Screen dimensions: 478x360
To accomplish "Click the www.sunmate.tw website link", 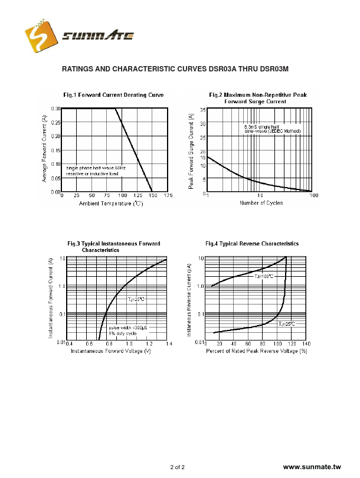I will [x=312, y=467].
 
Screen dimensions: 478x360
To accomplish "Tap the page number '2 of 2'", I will [x=177, y=467].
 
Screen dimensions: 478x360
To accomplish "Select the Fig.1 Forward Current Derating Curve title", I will [x=113, y=95].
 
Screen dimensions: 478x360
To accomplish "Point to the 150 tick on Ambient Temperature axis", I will [x=152, y=195].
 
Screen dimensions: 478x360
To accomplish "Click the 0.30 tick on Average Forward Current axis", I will [x=55, y=109].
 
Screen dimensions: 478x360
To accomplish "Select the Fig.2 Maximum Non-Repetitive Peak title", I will [x=257, y=95].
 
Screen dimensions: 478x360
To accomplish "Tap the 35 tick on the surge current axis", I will [x=202, y=110].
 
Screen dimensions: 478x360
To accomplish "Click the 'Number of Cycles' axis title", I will [x=261, y=203].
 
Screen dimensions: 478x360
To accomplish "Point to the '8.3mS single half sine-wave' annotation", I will [x=273, y=129].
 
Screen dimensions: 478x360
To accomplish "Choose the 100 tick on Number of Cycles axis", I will [x=314, y=195].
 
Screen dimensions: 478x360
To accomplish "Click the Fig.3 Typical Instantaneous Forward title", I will [x=113, y=243].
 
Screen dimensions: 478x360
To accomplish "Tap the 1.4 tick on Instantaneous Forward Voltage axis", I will [x=169, y=343].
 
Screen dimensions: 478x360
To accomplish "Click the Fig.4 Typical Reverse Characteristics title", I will [x=251, y=243].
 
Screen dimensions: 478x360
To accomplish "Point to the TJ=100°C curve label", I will [x=264, y=276].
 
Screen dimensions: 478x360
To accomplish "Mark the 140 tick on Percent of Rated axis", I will [x=306, y=343].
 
